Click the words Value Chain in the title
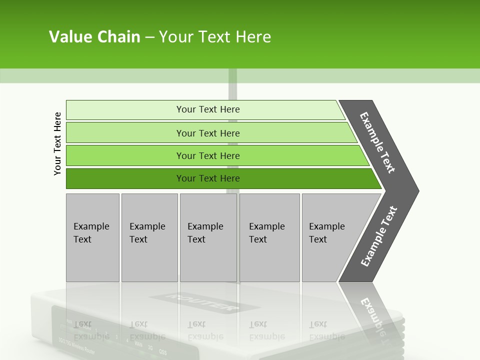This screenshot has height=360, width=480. click(x=94, y=36)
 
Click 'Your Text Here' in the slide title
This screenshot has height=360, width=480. click(x=215, y=36)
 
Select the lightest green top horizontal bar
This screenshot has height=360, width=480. click(x=125, y=109)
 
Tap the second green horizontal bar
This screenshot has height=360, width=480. click(x=125, y=133)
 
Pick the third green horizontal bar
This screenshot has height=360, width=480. click(x=125, y=155)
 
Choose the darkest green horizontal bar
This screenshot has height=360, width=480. click(x=125, y=178)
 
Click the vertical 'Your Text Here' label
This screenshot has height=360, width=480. click(x=57, y=143)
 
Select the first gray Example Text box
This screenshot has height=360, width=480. click(x=92, y=237)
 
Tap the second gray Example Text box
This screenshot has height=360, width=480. click(x=149, y=237)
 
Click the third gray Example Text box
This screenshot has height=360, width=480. click(x=207, y=237)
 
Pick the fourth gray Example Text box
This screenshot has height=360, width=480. click(x=269, y=237)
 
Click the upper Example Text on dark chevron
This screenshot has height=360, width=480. click(x=377, y=142)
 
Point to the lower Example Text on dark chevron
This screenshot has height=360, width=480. click(x=378, y=236)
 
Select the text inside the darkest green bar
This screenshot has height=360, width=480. click(x=208, y=178)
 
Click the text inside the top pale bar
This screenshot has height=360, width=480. click(x=208, y=109)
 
